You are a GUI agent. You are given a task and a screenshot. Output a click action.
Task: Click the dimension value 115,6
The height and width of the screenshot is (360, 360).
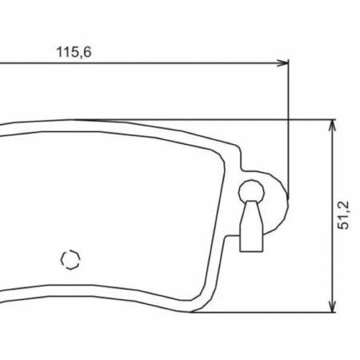[74, 52]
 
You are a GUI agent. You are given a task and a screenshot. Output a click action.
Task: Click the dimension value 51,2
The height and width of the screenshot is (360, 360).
[343, 215]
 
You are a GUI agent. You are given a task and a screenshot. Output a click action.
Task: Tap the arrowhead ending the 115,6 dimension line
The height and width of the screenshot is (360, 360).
[282, 63]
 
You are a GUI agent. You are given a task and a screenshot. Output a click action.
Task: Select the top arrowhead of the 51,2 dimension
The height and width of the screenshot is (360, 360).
[332, 126]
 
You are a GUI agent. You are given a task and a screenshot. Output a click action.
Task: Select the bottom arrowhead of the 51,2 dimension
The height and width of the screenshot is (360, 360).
[332, 306]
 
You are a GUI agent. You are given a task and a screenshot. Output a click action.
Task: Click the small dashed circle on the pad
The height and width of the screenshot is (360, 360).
[70, 259]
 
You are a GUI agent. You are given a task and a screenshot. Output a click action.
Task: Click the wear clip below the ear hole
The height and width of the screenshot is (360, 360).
[251, 226]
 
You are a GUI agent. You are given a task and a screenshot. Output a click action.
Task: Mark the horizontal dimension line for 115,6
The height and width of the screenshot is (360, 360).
[144, 63]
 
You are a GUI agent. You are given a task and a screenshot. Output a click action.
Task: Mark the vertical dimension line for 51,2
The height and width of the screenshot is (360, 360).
[332, 216]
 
